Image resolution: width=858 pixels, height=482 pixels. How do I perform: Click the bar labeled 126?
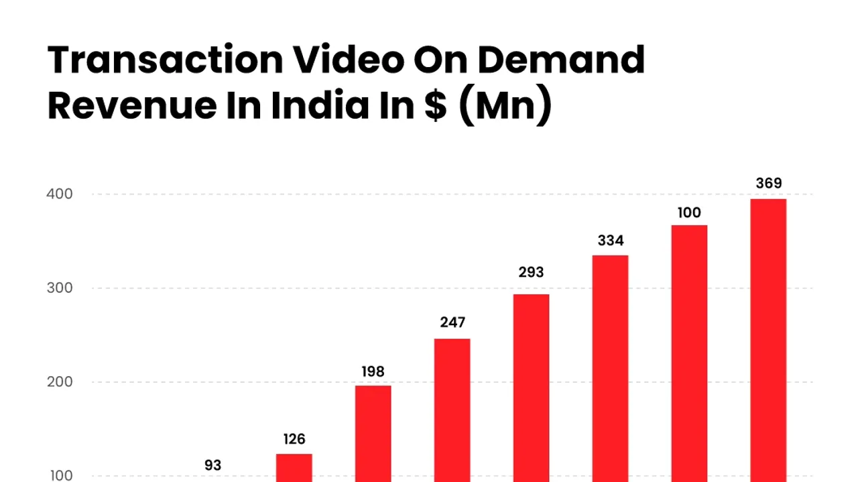tap(294, 467)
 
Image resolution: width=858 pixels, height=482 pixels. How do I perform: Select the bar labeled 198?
tap(373, 433)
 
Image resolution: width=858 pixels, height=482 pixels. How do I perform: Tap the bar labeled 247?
tap(452, 410)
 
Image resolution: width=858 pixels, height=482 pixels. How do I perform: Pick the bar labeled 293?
tap(531, 387)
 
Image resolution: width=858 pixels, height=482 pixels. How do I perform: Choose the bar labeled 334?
tap(610, 368)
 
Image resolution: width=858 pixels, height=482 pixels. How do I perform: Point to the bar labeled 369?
tap(768, 340)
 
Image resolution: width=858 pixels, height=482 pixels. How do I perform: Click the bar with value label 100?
tap(689, 353)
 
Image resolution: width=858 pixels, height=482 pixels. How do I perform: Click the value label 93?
tap(212, 465)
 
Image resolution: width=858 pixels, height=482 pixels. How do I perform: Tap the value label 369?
tap(768, 184)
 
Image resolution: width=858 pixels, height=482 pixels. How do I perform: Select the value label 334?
tap(610, 241)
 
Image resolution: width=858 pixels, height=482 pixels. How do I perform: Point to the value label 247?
tap(452, 322)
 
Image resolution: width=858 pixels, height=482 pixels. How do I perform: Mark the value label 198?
tap(373, 371)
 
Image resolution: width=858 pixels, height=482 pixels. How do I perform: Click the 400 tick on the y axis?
tap(60, 194)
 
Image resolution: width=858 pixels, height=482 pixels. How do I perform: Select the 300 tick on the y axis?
tap(60, 288)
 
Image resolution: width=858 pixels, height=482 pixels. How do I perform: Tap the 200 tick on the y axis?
tap(60, 382)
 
